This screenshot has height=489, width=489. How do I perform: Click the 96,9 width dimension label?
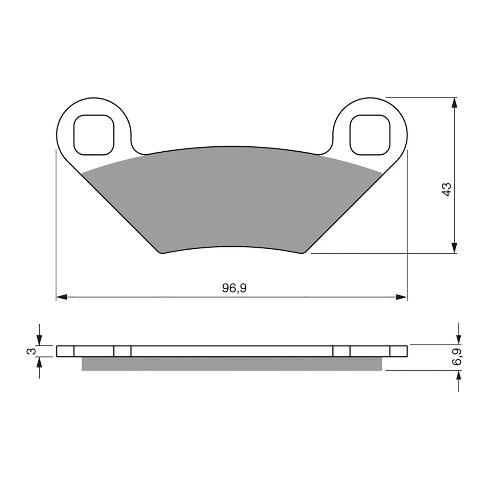234,288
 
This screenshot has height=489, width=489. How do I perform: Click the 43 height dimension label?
447,190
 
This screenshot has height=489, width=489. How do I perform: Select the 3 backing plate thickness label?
31,351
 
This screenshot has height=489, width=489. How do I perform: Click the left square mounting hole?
93,135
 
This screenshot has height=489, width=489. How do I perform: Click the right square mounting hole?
370,135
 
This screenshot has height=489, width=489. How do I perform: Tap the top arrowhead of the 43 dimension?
455,103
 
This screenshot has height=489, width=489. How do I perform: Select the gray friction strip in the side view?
232,364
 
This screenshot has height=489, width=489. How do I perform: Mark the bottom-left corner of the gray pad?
161,252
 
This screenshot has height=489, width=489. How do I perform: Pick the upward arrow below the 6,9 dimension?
458,376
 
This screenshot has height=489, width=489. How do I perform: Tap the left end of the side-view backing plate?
57,351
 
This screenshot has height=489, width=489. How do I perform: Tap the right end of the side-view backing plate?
407,351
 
